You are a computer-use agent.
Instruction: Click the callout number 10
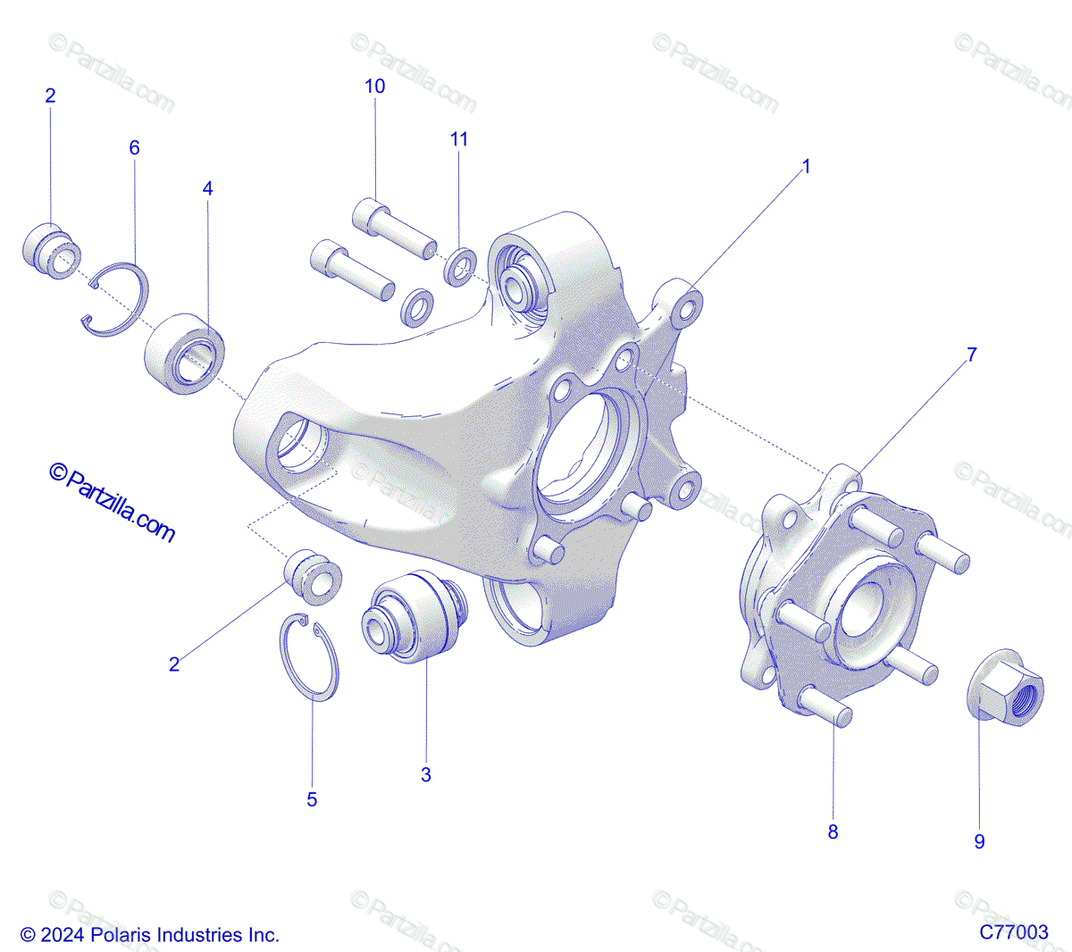point(375,86)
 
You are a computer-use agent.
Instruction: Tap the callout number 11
point(459,139)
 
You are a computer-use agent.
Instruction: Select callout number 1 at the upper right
point(806,166)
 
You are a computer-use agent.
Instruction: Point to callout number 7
point(972,355)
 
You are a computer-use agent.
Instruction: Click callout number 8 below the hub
point(833,831)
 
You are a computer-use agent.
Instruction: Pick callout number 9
point(979,841)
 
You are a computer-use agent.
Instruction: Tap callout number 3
point(426,774)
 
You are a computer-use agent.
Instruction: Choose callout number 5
point(312,799)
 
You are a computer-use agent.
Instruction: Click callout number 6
point(134,147)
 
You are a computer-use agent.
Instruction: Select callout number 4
point(208,188)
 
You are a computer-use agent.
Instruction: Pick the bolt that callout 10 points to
point(393,229)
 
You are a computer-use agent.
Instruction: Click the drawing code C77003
point(1014,931)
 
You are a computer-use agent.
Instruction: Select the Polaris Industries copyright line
point(150,935)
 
